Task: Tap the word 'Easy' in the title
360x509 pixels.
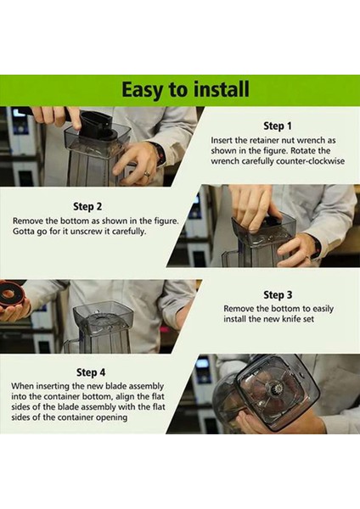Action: click(x=141, y=90)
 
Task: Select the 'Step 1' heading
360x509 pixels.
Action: click(x=278, y=126)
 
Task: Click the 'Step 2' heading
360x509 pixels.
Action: click(x=87, y=206)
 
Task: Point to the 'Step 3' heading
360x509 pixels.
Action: click(x=278, y=294)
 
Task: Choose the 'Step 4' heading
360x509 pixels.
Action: click(x=91, y=372)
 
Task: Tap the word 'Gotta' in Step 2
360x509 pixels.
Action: click(x=23, y=232)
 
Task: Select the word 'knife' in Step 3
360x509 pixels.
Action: click(x=291, y=319)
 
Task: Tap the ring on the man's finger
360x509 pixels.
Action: click(x=147, y=174)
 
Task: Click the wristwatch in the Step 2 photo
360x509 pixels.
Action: click(x=316, y=249)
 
